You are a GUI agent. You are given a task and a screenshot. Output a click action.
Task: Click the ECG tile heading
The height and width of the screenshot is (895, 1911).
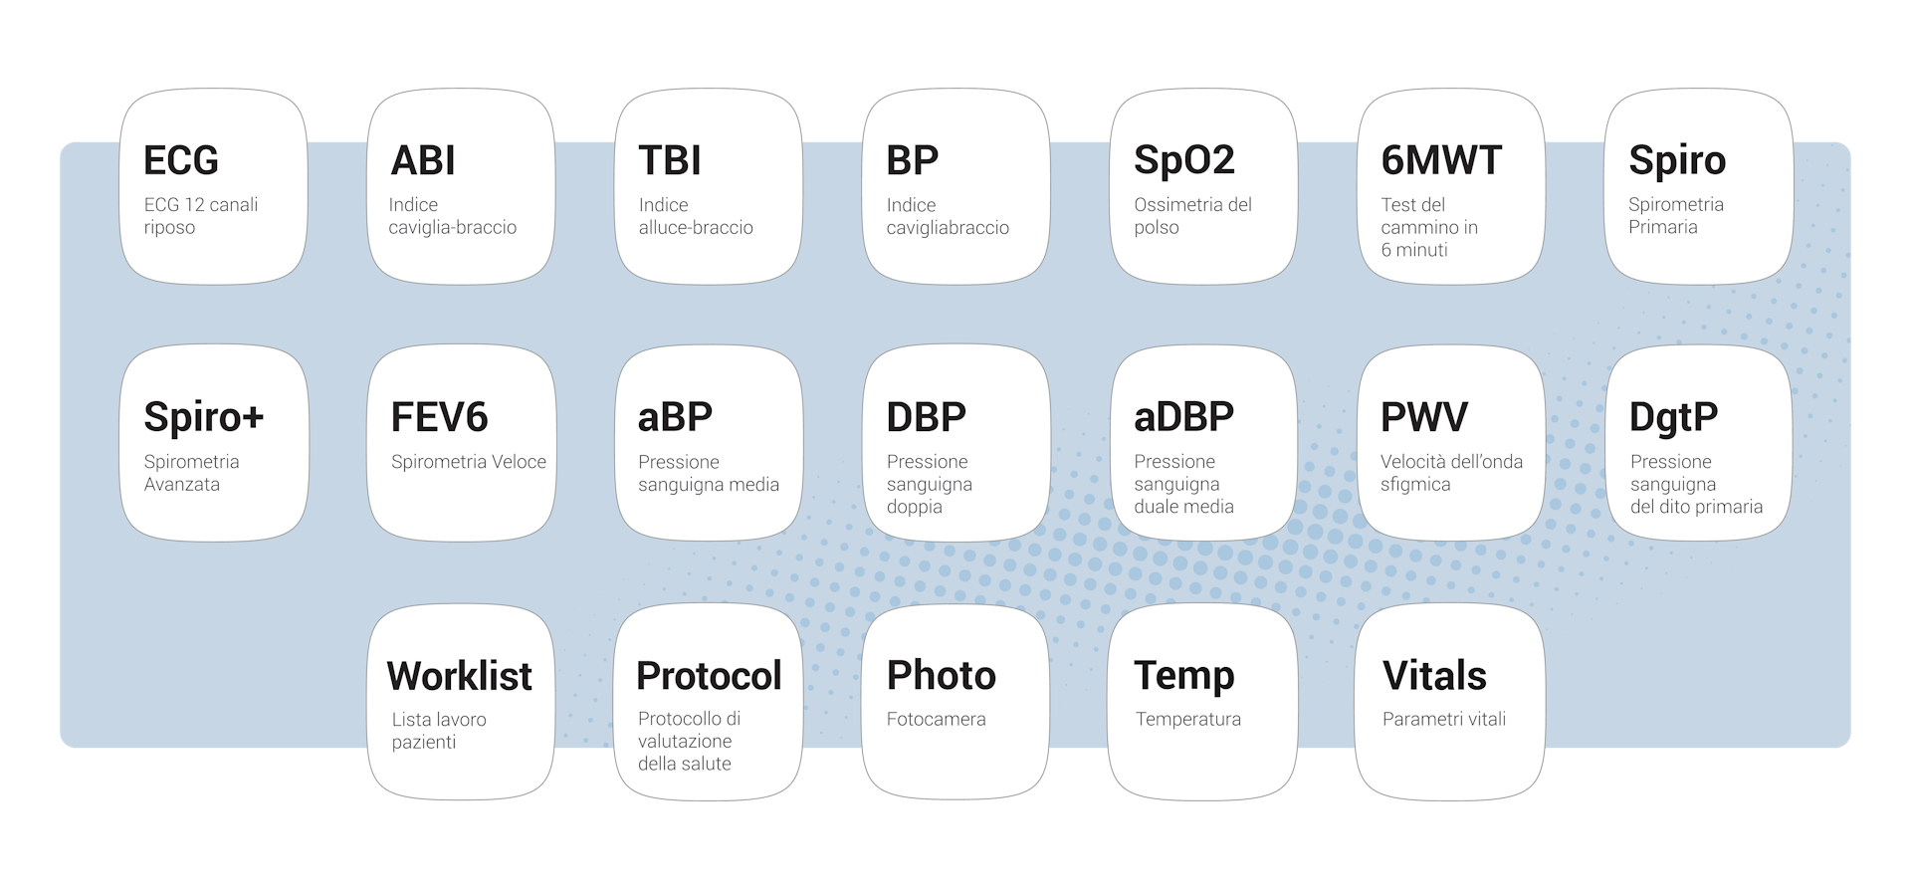pos(180,160)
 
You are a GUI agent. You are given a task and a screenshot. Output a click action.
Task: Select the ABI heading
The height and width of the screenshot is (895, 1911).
pos(423,160)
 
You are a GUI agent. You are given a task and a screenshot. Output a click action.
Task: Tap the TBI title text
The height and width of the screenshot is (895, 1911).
pos(670,160)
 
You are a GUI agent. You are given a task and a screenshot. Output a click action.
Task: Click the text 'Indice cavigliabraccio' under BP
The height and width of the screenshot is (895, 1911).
pos(948,216)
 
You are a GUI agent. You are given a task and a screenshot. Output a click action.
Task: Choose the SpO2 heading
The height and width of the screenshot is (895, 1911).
pos(1183,160)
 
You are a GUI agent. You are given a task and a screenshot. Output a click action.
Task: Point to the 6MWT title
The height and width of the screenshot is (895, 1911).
pos(1441,160)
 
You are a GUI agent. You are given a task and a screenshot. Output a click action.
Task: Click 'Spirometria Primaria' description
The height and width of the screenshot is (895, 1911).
pos(1676,215)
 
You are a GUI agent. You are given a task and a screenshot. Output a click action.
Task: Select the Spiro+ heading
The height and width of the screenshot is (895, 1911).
pos(203,416)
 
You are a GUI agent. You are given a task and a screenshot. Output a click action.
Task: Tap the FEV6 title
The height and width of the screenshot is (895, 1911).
pos(439,417)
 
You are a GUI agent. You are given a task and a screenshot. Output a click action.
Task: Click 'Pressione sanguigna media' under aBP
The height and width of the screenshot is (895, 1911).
pos(708,473)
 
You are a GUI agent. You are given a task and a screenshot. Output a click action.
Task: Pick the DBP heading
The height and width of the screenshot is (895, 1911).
pos(926,417)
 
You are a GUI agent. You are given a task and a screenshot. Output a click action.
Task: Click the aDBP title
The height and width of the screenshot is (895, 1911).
pos(1183,417)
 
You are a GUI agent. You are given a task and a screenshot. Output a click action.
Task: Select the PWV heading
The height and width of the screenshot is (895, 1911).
pos(1423,417)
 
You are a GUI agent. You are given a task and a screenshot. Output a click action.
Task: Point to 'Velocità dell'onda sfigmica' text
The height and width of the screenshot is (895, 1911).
pos(1451,473)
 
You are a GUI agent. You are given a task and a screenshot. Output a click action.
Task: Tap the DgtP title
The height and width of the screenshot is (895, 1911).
pos(1673,417)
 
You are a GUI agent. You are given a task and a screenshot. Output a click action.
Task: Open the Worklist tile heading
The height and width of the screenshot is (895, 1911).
pos(460,676)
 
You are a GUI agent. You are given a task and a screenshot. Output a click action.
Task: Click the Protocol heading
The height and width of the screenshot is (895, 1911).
pos(709,676)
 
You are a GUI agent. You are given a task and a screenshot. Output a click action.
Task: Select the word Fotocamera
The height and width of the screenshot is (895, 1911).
pos(936,719)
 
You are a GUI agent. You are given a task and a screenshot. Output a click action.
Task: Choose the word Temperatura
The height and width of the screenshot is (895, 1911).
pos(1187,719)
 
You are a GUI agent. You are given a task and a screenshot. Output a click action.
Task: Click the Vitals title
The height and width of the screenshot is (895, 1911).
pos(1434,676)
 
